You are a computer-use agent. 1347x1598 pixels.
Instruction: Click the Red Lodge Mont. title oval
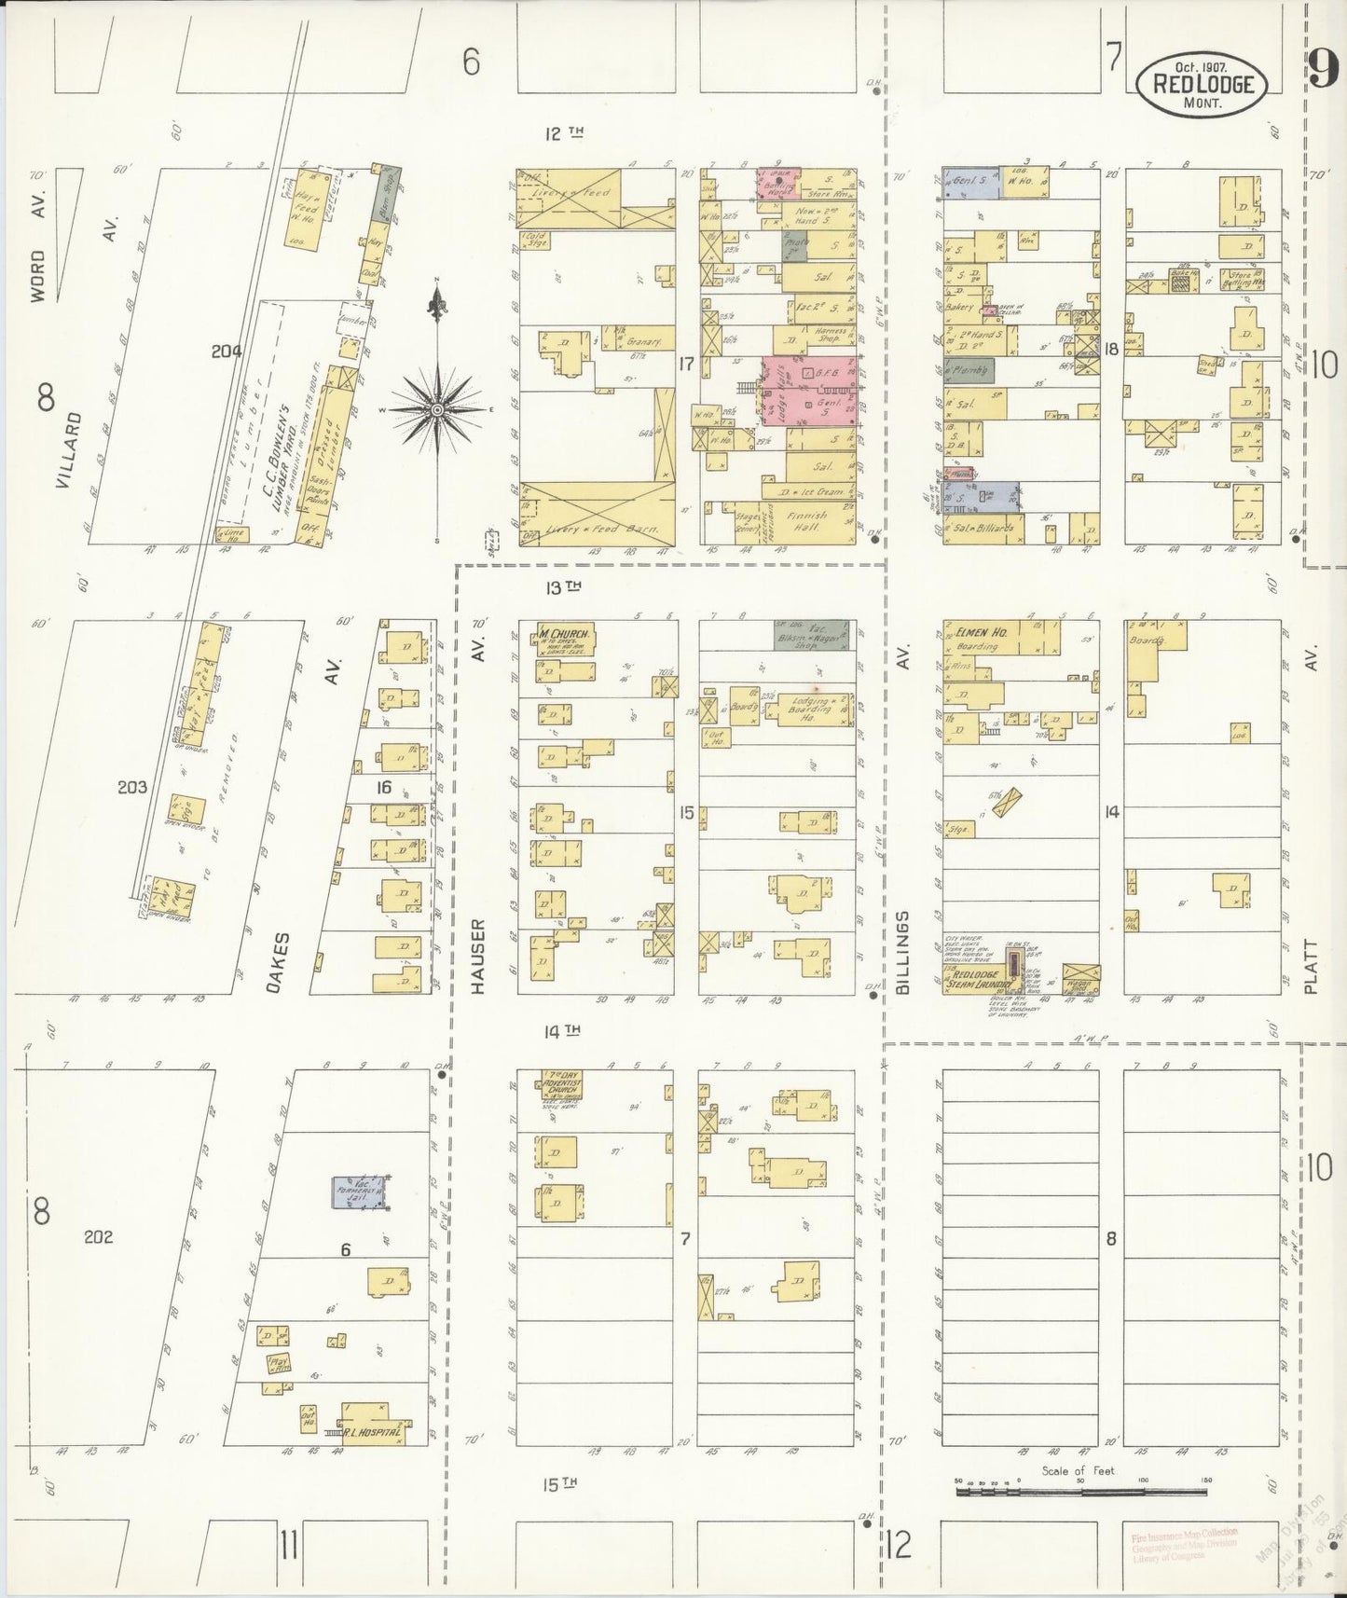tap(1201, 84)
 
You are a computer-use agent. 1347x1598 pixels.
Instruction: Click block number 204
tap(227, 351)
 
